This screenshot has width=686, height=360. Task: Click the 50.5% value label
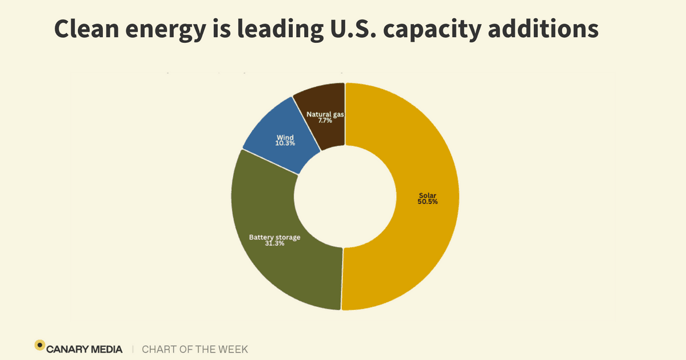[x=428, y=202]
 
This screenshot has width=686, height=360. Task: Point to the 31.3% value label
[x=274, y=243]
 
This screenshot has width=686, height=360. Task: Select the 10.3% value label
[x=285, y=143]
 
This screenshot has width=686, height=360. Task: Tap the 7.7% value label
[x=325, y=121]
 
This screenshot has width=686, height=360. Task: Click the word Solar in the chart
[x=428, y=195]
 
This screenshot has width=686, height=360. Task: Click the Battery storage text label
[x=274, y=237]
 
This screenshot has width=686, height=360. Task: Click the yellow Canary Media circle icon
[x=39, y=345]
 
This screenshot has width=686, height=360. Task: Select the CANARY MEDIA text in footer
[x=84, y=349]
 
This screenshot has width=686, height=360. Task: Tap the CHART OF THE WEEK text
[x=194, y=349]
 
